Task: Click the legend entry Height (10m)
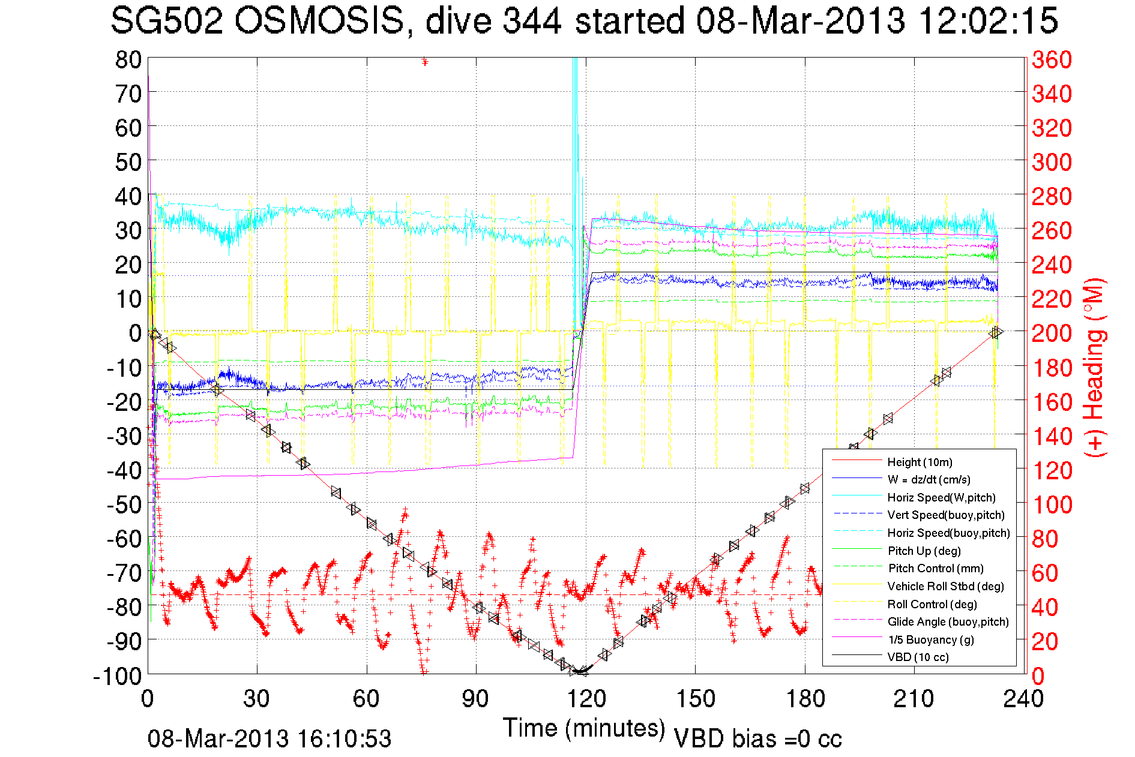click(x=920, y=462)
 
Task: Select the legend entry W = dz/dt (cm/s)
click(x=929, y=480)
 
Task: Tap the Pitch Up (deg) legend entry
click(x=924, y=551)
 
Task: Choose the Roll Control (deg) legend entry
click(x=932, y=604)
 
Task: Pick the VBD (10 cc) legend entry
click(x=918, y=657)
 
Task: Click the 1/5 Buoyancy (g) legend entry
click(x=931, y=639)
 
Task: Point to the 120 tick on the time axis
click(x=586, y=699)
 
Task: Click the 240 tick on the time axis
click(x=1024, y=699)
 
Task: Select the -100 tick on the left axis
click(x=117, y=676)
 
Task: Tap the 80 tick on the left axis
click(x=128, y=59)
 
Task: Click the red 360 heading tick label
click(x=1052, y=59)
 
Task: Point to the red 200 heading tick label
click(x=1052, y=333)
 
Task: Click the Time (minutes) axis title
click(x=584, y=728)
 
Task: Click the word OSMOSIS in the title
click(x=319, y=21)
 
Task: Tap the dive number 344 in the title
click(x=532, y=21)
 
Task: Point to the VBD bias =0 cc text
click(x=757, y=738)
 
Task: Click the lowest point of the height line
click(x=580, y=672)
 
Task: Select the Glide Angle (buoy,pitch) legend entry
click(x=948, y=622)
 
